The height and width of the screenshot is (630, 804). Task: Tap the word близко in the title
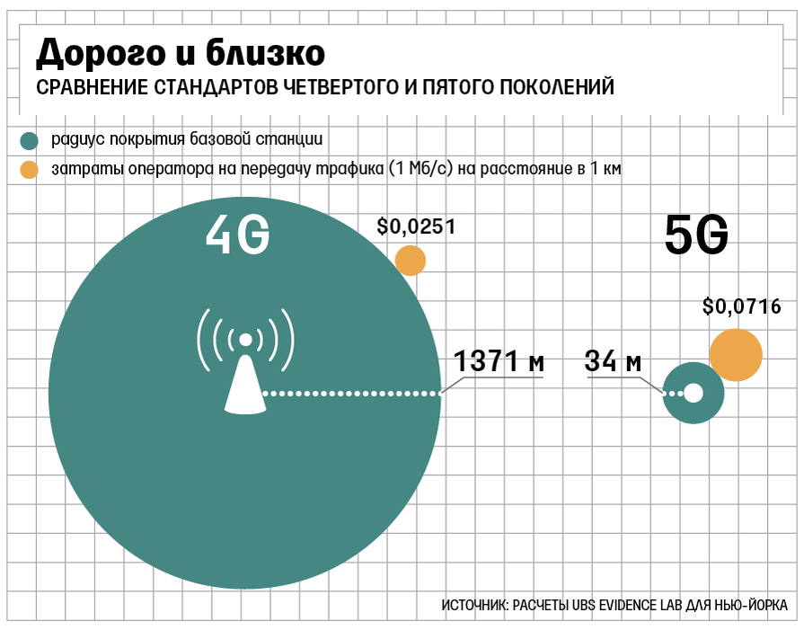click(x=260, y=53)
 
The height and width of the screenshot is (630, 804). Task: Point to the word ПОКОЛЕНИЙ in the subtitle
click(x=556, y=88)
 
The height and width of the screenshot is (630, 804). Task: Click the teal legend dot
click(x=30, y=141)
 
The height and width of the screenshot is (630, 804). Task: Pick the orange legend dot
click(x=30, y=168)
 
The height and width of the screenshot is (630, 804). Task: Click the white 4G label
click(x=237, y=236)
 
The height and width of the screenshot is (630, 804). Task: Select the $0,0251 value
click(x=417, y=226)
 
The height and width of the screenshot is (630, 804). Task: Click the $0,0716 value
click(x=741, y=307)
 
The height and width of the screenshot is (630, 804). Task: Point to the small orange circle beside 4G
click(x=411, y=261)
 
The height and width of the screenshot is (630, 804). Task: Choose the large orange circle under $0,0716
click(x=736, y=355)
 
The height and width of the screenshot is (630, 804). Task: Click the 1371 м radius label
click(x=499, y=362)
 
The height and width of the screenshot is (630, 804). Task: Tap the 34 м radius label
click(x=613, y=362)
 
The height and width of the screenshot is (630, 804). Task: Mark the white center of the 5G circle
click(x=694, y=393)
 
